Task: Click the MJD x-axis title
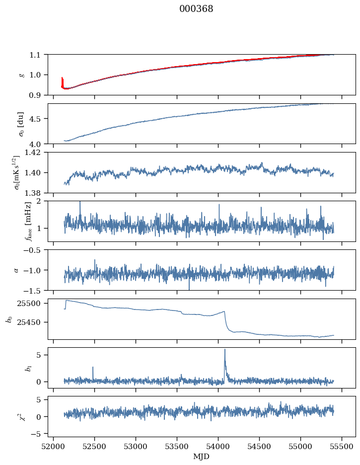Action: [x=202, y=456]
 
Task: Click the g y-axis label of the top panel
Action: [x=21, y=75]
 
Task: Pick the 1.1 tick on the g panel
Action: [x=38, y=55]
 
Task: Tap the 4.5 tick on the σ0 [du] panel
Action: [x=38, y=119]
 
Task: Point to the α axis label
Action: [x=16, y=270]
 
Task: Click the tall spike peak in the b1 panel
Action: [x=224, y=349]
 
